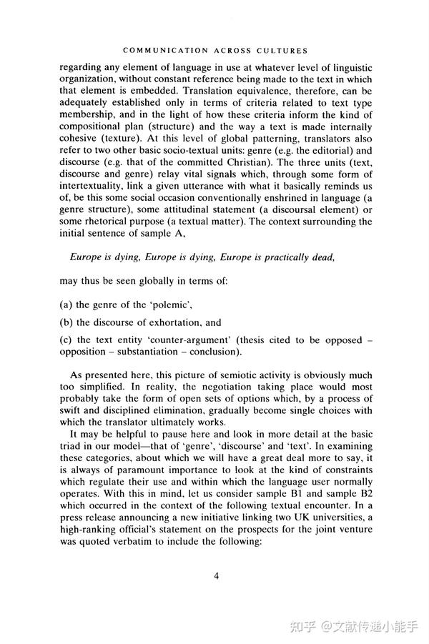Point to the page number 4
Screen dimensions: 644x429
[x=215, y=577]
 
